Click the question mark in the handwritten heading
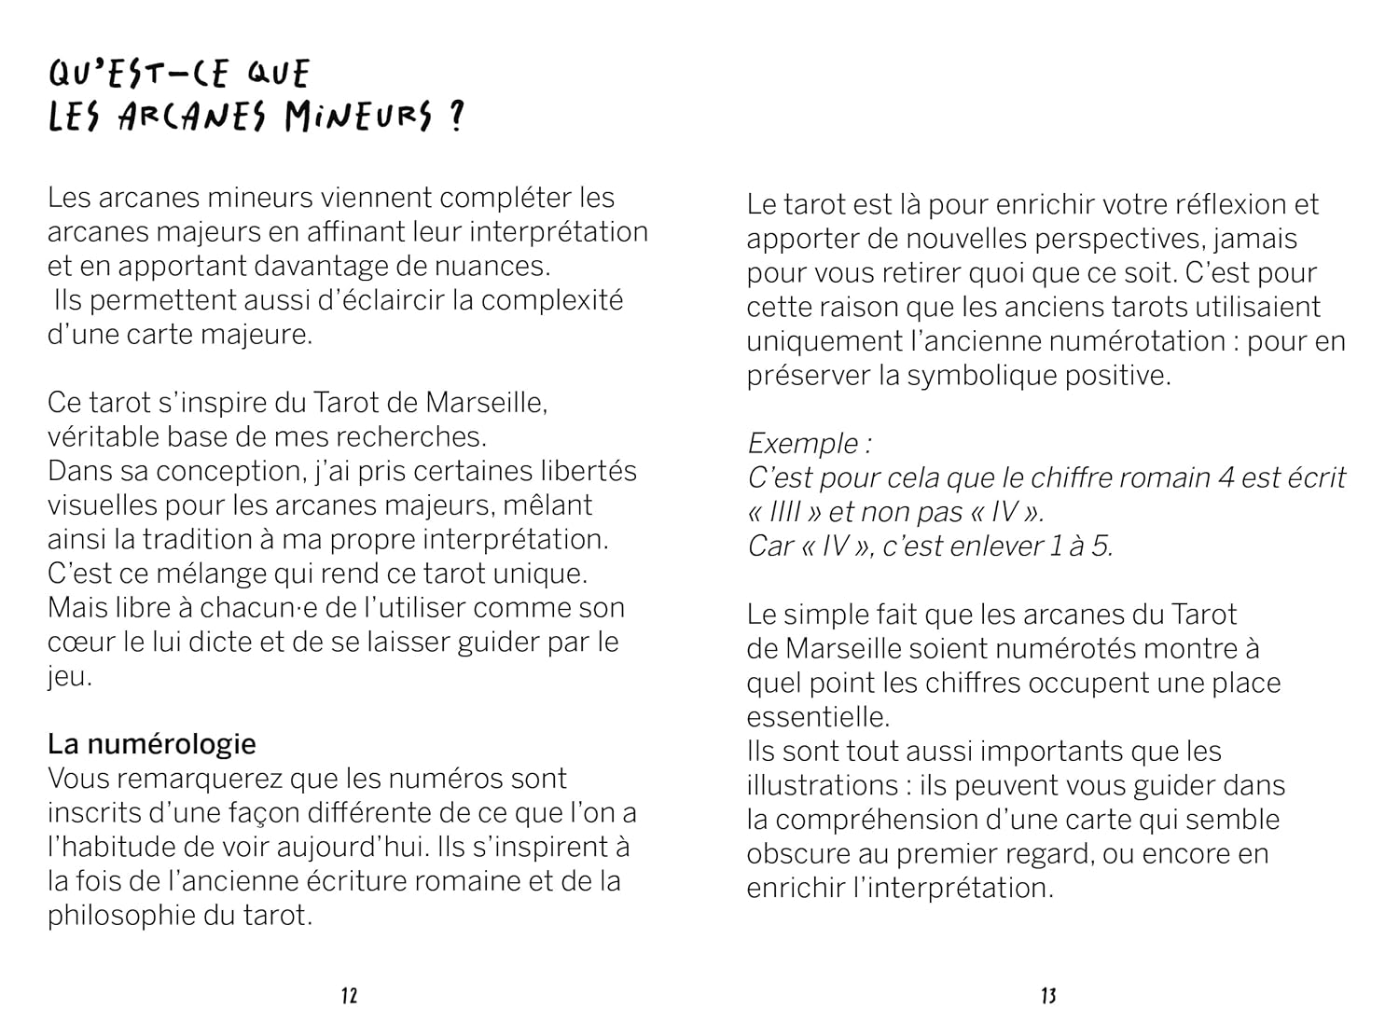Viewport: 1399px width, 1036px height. pyautogui.click(x=455, y=119)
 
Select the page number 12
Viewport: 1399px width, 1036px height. pyautogui.click(x=349, y=996)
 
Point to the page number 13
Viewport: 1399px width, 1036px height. pyautogui.click(x=1048, y=996)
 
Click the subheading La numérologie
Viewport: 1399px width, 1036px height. pyautogui.click(x=152, y=744)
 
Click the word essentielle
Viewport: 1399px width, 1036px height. pyautogui.click(x=818, y=717)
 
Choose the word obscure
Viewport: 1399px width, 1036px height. pyautogui.click(x=798, y=854)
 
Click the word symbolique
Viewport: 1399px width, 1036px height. pyautogui.click(x=980, y=376)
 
